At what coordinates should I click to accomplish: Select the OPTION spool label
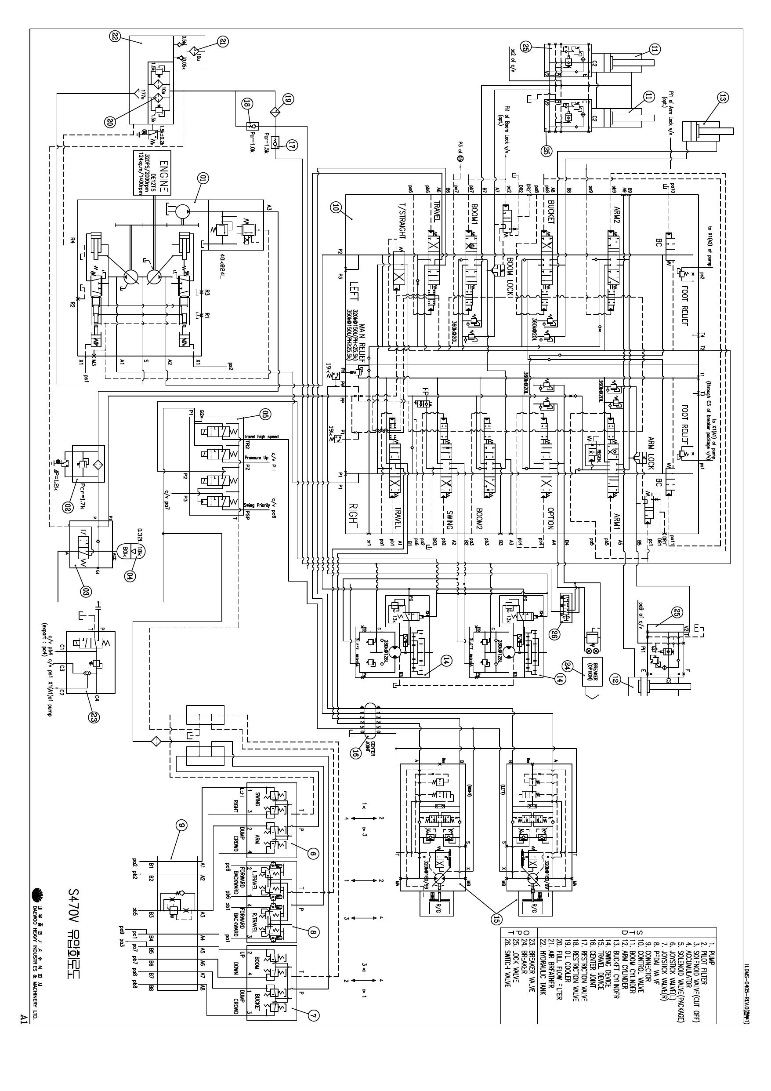[x=550, y=519]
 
